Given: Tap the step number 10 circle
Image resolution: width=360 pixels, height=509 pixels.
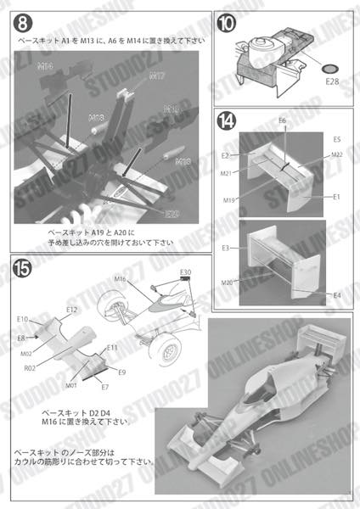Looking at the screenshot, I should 230,24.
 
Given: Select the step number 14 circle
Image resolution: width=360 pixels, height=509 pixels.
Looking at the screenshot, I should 229,121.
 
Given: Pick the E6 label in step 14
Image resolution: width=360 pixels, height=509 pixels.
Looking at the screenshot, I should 283,121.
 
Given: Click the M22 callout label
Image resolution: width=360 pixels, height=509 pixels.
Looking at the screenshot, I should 336,154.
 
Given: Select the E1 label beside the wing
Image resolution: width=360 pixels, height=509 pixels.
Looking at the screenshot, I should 337,197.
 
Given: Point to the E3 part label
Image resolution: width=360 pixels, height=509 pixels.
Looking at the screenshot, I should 227,248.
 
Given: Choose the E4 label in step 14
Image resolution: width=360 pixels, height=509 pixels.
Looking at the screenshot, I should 337,295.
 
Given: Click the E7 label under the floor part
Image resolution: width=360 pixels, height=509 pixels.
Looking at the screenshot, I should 104,387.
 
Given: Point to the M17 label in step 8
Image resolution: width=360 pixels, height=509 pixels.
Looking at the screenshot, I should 156,76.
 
